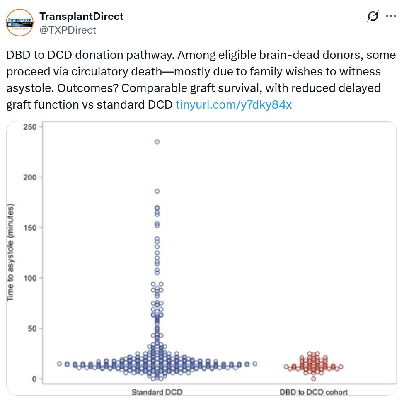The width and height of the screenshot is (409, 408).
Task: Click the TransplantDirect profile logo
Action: (19, 22)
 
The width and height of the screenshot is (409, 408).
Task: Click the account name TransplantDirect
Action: (81, 17)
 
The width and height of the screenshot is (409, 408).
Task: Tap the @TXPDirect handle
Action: (68, 30)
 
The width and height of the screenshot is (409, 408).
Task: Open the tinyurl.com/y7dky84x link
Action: (234, 104)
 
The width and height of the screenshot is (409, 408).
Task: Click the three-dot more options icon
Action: (391, 16)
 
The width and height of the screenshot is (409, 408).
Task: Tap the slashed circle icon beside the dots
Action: (373, 16)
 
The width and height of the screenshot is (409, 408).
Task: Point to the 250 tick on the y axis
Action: (31, 127)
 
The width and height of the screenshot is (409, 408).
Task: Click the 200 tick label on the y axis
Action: (31, 177)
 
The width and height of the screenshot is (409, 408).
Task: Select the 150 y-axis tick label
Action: (31, 228)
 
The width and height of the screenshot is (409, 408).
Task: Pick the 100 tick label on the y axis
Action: (31, 278)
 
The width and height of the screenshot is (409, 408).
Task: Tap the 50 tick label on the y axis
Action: (32, 329)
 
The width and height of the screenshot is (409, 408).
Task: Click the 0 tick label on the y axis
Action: (34, 379)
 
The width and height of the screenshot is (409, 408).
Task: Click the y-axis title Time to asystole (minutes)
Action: (11, 253)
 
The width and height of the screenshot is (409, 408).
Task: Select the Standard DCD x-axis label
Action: (157, 392)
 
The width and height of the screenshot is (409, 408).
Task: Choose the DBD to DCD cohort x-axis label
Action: (313, 392)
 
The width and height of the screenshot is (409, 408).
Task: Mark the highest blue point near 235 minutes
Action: (157, 142)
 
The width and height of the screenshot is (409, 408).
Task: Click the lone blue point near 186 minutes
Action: (157, 191)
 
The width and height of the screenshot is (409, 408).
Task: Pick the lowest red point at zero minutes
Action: (313, 379)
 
